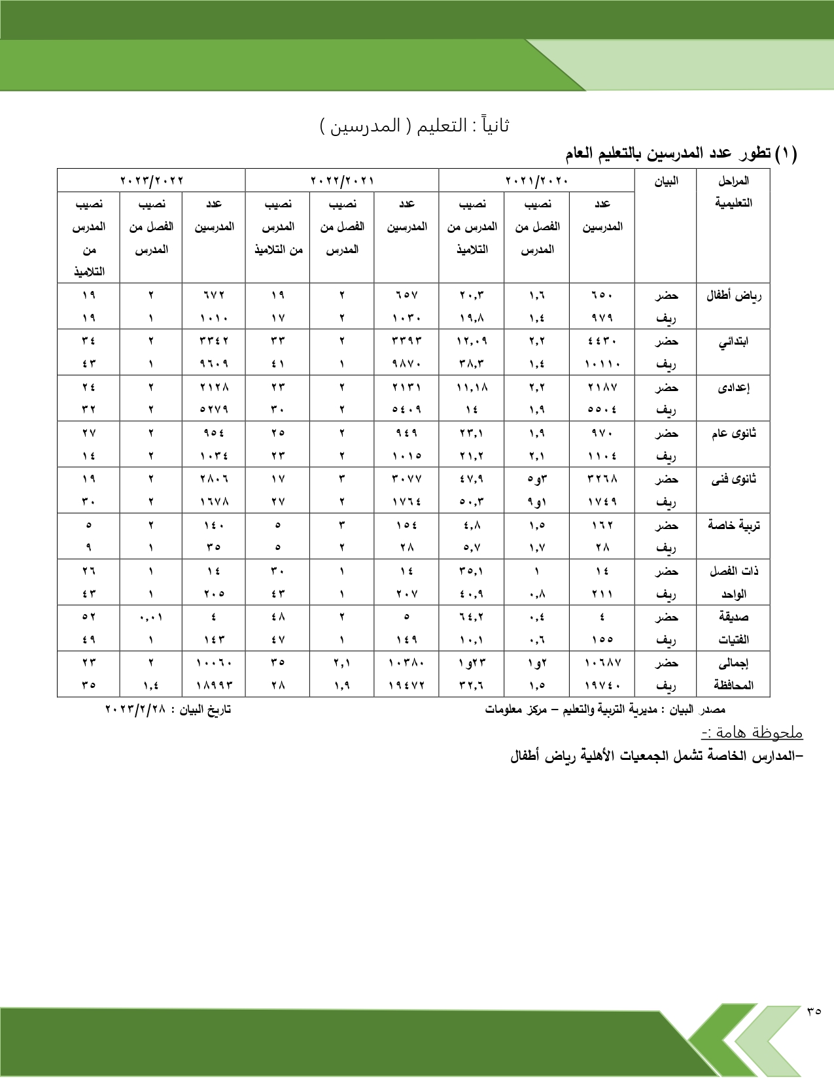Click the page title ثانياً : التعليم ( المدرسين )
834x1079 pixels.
(x=415, y=126)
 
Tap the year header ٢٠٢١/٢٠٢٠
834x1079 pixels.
(x=536, y=180)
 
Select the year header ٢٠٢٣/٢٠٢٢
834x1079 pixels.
(x=151, y=180)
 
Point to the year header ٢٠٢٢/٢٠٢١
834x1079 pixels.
(x=341, y=180)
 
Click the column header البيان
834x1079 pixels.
(x=666, y=181)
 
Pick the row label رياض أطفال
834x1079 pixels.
(x=733, y=296)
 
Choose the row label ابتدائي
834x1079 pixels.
(x=733, y=341)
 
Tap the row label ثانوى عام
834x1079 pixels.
(x=733, y=433)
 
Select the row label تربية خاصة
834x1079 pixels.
(x=733, y=525)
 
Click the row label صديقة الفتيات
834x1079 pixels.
(x=733, y=628)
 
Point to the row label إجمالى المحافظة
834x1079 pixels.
(x=733, y=674)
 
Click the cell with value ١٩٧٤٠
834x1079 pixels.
(x=602, y=685)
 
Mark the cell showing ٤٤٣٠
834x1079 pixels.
(x=602, y=341)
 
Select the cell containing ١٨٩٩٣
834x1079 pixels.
(x=214, y=685)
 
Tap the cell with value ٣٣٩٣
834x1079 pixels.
(x=406, y=341)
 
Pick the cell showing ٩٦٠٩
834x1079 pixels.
(x=214, y=364)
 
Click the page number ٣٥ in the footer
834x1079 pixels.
(x=814, y=1010)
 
